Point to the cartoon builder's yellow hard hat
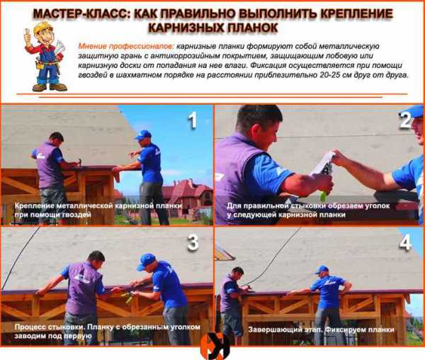pos(41,28)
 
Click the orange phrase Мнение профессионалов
pos(126,46)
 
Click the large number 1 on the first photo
pos(193,120)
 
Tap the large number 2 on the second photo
pos(405,120)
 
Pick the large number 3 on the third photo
pos(193,242)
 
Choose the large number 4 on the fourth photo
pos(405,242)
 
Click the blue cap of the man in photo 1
pos(143,135)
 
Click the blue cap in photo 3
pos(146,261)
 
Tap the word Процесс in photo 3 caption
pos(30,327)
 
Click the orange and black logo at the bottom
pos(215,347)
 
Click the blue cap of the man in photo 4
pos(322,270)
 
